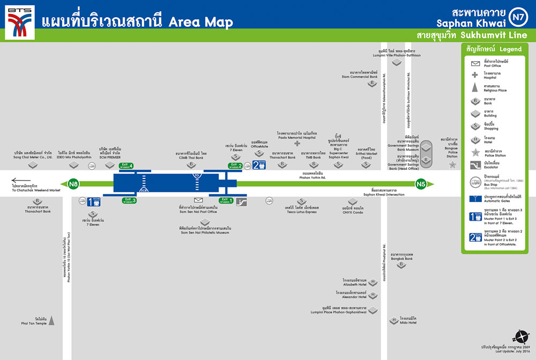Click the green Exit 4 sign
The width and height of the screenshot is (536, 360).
pyautogui.click(x=126, y=166)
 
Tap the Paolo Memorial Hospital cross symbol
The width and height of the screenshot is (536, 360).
pyautogui.click(x=297, y=144)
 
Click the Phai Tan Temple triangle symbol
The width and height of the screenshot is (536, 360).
pyautogui.click(x=51, y=321)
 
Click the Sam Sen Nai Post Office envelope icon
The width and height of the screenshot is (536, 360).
pyautogui.click(x=198, y=200)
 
